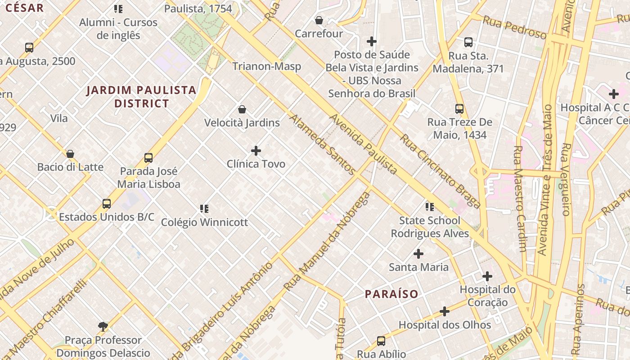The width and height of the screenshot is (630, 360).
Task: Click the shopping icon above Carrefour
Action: pyautogui.click(x=319, y=20)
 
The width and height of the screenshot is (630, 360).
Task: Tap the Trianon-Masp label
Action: pyautogui.click(x=266, y=66)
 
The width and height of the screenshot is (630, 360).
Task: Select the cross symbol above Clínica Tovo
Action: pyautogui.click(x=256, y=150)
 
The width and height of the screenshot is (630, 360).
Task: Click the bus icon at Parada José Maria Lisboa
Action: pyautogui.click(x=148, y=158)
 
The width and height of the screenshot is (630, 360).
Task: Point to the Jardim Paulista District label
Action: pyautogui.click(x=141, y=97)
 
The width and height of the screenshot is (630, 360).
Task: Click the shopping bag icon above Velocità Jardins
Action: pyautogui.click(x=242, y=109)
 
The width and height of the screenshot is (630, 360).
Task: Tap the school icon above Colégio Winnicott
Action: pyautogui.click(x=204, y=209)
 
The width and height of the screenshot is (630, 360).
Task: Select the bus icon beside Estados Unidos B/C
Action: pyautogui.click(x=107, y=203)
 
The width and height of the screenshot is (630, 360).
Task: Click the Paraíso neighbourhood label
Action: pyautogui.click(x=391, y=294)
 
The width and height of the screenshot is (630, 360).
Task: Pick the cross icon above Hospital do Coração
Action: pyautogui.click(x=487, y=276)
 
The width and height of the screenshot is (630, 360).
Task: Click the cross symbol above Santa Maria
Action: pyautogui.click(x=418, y=254)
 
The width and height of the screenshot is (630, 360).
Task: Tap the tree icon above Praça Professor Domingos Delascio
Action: pyautogui.click(x=103, y=326)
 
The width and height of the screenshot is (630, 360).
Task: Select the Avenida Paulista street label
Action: pyautogui.click(x=364, y=144)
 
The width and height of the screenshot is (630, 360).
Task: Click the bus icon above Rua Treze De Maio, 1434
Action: pyautogui.click(x=459, y=109)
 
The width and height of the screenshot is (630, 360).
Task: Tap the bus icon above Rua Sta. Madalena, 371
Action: pyautogui.click(x=468, y=43)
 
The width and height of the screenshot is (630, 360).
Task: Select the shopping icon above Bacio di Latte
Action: pyautogui.click(x=70, y=154)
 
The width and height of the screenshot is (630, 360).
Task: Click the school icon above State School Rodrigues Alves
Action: pyautogui.click(x=430, y=207)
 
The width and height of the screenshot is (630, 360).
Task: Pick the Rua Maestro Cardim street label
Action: pyautogui.click(x=520, y=198)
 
